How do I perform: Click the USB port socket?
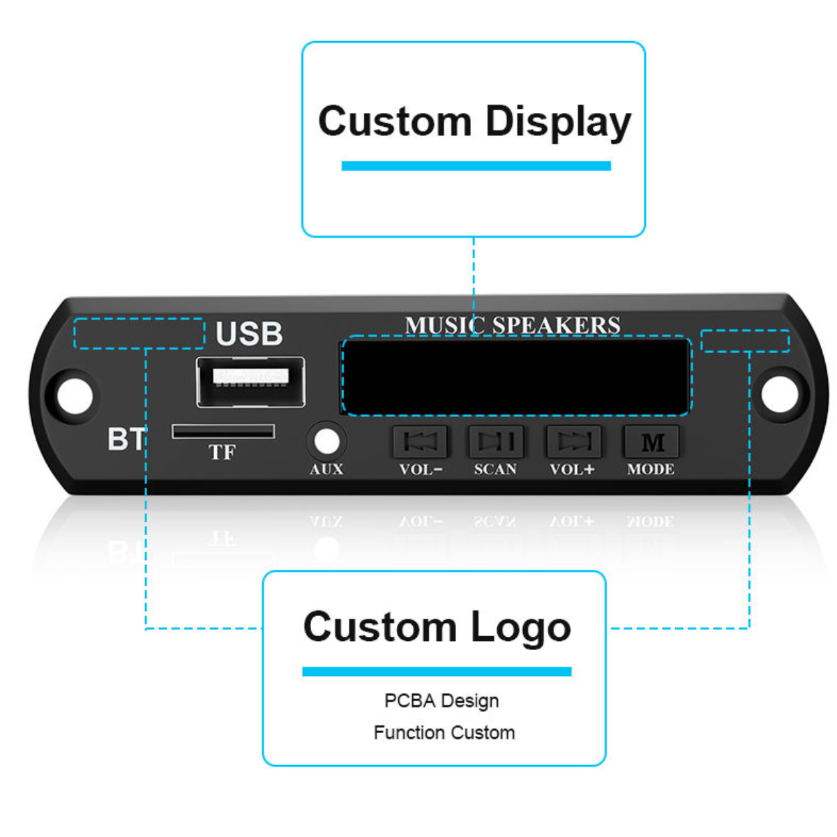pos(250,382)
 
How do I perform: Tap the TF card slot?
pos(223,432)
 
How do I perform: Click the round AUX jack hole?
pos(326,441)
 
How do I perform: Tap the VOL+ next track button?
pos(573,441)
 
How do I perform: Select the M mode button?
pos(651,442)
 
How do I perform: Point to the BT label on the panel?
pos(126,439)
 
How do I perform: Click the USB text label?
pos(249,334)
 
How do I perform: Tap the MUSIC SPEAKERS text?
pos(513,326)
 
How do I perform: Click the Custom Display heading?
pos(474,121)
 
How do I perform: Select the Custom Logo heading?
pos(437,626)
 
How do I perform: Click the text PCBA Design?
pos(442,700)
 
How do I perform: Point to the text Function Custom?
pos(444,732)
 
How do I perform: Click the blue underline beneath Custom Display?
pos(476,166)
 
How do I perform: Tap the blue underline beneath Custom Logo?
pos(437,672)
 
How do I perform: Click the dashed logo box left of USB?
pos(139,333)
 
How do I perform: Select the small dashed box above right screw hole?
pos(745,341)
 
